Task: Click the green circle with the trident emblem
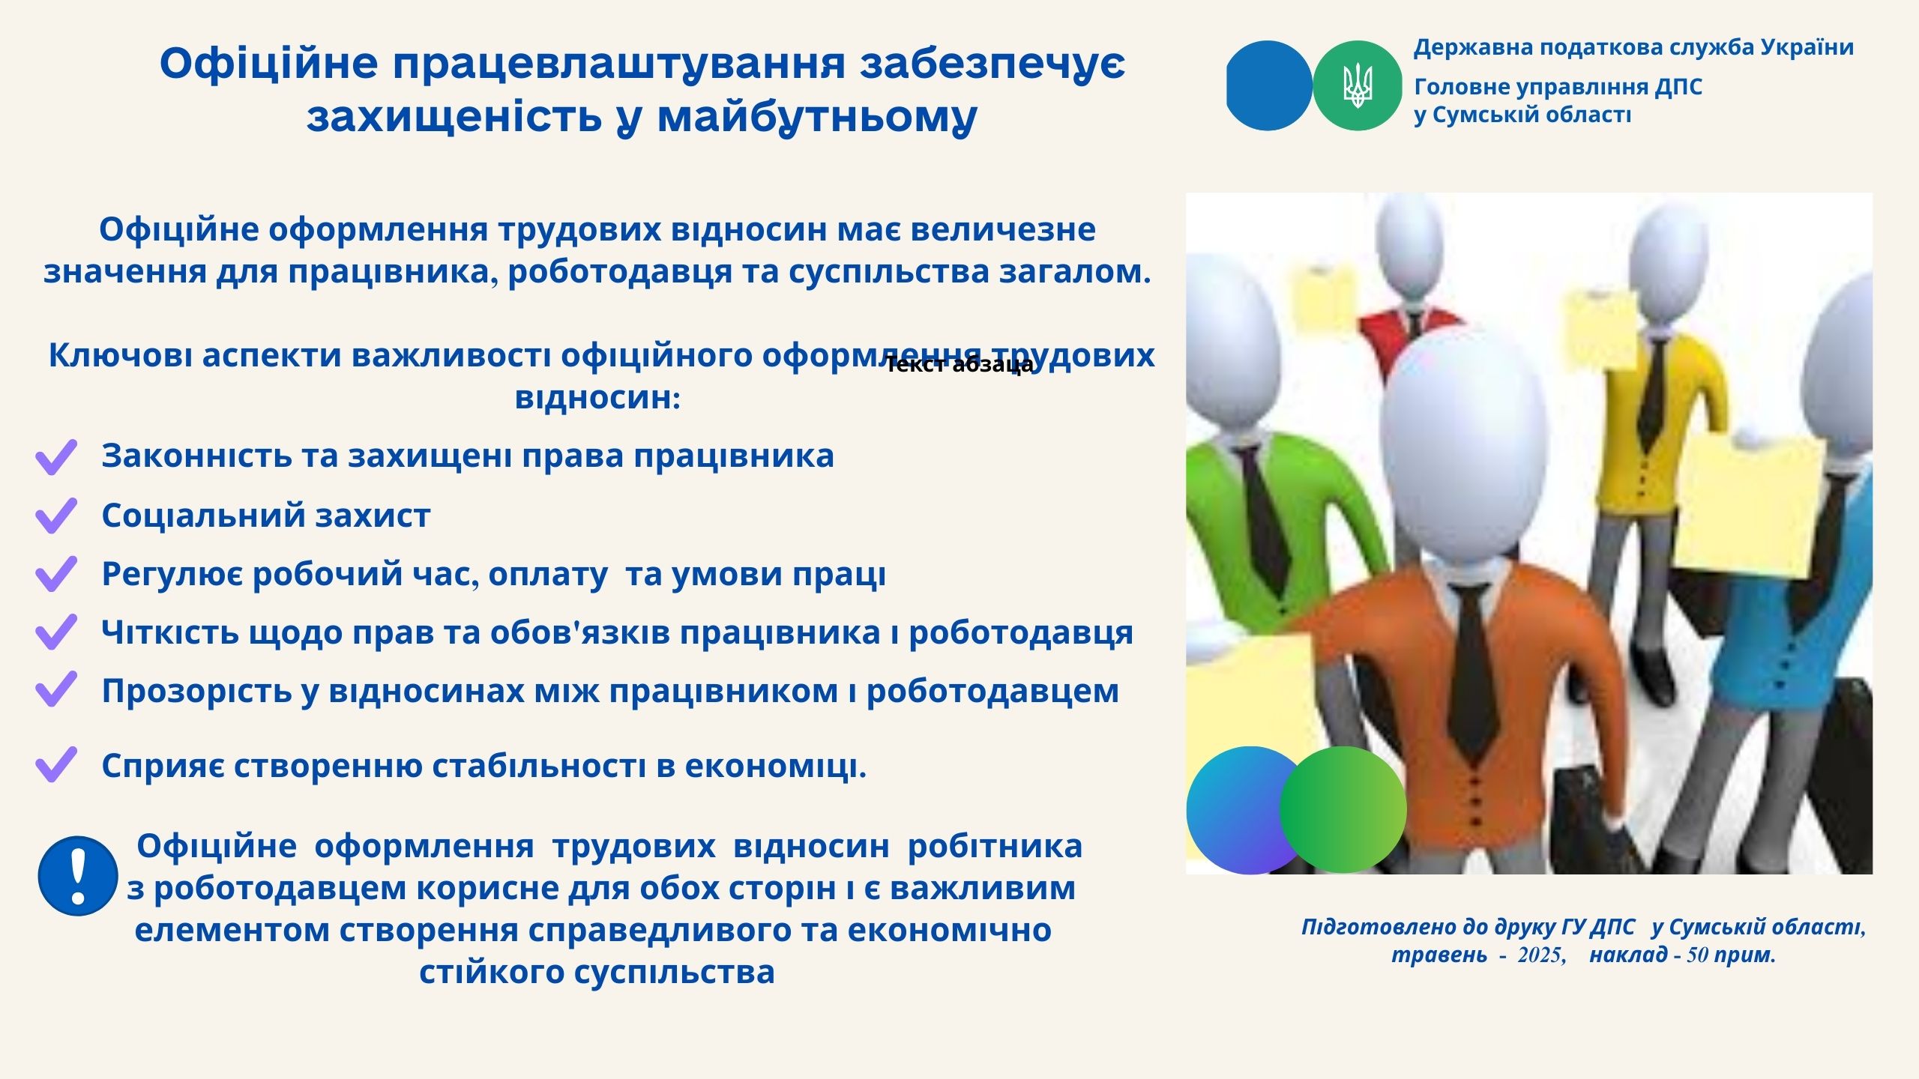tap(1357, 85)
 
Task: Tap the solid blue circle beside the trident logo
tap(1268, 85)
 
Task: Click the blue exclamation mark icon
tap(78, 876)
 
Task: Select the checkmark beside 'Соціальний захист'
tap(56, 516)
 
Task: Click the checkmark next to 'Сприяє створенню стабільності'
tap(56, 765)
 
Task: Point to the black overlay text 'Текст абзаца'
tap(959, 365)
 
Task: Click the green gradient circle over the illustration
tap(1343, 809)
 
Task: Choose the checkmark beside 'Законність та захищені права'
tap(56, 457)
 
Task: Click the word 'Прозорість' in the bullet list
tap(197, 691)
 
